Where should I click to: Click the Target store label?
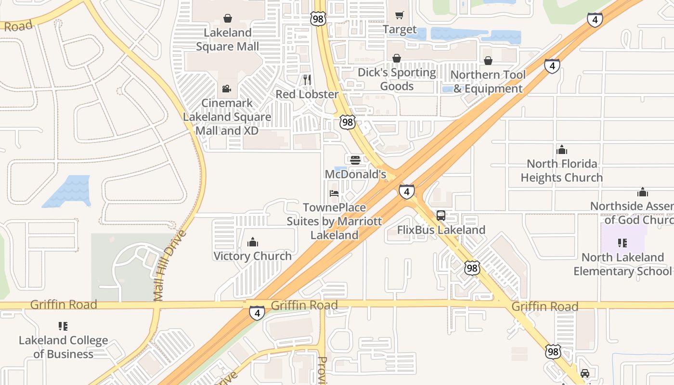400,30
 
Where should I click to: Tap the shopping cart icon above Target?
399,15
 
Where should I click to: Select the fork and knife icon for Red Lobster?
307,79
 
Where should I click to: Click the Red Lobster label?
307,94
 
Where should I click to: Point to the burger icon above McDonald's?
355,160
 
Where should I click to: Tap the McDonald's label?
356,174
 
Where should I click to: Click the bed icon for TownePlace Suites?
334,193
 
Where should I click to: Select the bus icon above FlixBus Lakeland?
441,216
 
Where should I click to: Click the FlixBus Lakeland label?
441,230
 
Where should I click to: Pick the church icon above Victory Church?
253,242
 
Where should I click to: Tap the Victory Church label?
253,256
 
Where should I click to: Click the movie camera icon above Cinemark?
227,89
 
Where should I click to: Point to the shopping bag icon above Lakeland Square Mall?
228,18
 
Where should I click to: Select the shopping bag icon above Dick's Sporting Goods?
397,59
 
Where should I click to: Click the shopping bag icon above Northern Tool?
488,61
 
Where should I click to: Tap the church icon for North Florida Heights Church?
562,150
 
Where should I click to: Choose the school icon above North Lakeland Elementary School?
622,243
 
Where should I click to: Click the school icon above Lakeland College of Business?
63,326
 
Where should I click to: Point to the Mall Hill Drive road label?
170,266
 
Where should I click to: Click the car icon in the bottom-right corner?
585,373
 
